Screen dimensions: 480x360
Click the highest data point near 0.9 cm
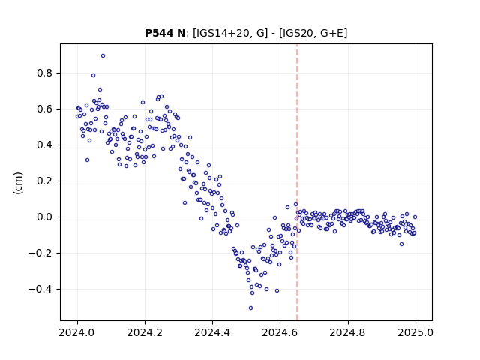(103, 56)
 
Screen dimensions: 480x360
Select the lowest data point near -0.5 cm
(250, 308)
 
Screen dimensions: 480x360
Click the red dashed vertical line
(297, 182)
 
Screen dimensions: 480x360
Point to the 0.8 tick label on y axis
(45, 73)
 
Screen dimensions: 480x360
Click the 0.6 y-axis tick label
(45, 109)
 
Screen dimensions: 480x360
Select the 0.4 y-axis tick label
(45, 145)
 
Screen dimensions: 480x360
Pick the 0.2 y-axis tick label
(45, 181)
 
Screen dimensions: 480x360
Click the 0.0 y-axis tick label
(45, 217)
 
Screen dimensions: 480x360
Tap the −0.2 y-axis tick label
(40, 253)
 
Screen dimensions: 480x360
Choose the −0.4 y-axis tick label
(40, 289)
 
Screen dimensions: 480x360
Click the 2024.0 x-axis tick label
(77, 332)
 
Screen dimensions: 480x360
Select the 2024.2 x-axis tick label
(145, 332)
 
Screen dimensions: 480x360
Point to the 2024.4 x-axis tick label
(212, 332)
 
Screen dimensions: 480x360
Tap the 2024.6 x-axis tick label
(280, 332)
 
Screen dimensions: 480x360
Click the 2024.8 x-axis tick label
(347, 332)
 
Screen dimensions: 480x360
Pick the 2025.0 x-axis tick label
(415, 332)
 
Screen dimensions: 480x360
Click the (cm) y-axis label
(18, 182)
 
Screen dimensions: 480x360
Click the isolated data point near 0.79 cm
(93, 75)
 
